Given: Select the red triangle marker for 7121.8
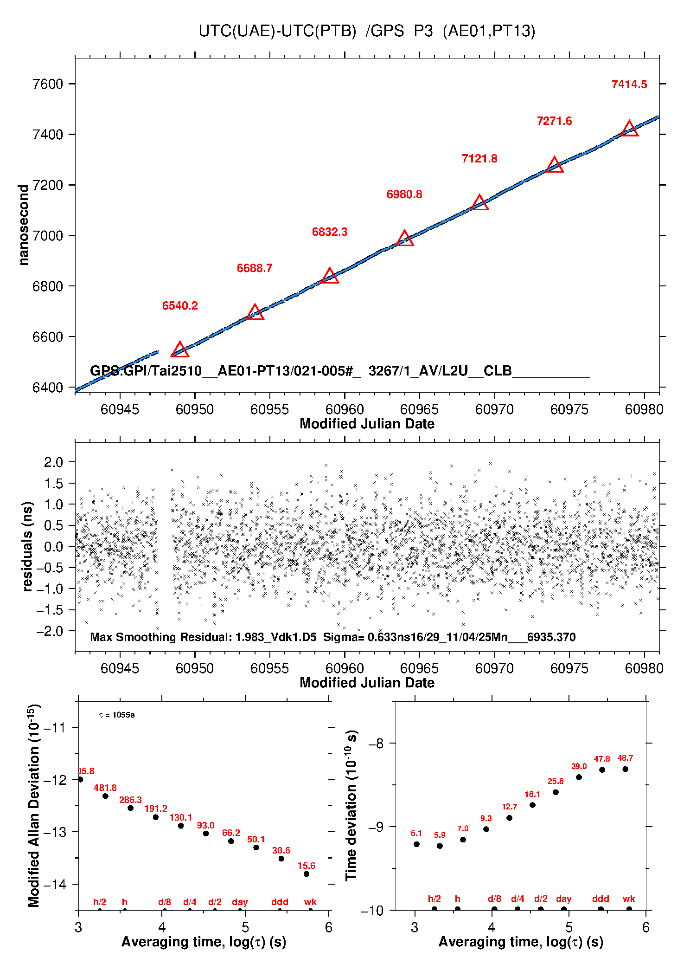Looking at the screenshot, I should (479, 203).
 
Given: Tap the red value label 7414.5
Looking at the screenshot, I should (629, 84).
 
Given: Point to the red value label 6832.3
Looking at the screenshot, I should (329, 232).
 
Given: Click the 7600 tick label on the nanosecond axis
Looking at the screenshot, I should (47, 84).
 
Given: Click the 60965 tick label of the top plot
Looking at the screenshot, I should (419, 409).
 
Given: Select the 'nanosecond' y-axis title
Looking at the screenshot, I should (23, 225).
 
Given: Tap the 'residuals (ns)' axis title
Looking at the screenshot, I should (27, 546).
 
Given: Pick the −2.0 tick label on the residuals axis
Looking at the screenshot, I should (50, 631).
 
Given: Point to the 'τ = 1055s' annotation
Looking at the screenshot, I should (117, 715).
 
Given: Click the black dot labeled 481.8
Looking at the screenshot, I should (105, 796).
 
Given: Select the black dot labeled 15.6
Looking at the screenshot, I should (307, 874).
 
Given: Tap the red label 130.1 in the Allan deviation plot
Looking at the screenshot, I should (180, 817).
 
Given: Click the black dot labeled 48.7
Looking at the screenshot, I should (625, 769).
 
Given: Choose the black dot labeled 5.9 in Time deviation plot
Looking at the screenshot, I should (440, 846).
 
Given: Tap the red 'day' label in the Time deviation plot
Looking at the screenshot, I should (563, 899).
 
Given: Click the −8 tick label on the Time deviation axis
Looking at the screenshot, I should (376, 744).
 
